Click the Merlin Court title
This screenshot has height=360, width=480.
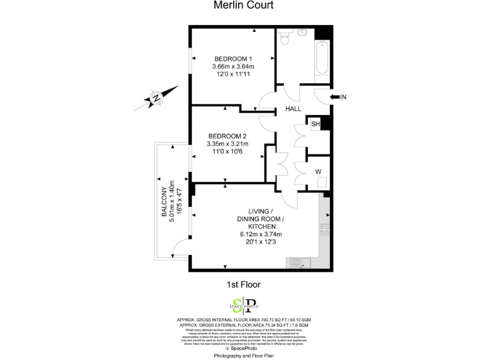pos(243,6)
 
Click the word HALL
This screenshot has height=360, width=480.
pos(294,109)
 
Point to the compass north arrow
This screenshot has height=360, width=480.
pos(154,98)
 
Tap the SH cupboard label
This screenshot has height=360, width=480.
pos(316,124)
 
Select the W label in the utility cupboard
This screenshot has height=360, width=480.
pos(319,171)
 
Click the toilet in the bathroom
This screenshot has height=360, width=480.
pos(285,39)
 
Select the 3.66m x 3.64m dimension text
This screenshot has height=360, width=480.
pos(234,66)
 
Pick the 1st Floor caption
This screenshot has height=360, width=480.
pos(243,284)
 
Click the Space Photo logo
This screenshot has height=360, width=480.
pos(244,305)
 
